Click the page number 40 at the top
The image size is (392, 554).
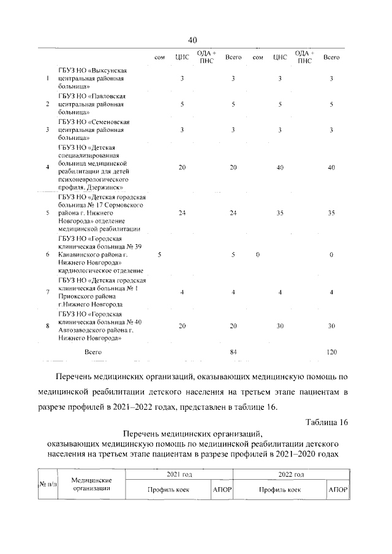click(x=192, y=40)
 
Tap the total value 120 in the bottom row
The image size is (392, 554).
click(x=331, y=352)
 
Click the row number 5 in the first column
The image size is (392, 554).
click(x=48, y=213)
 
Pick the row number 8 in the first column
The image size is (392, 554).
click(x=48, y=325)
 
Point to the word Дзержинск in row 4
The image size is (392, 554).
click(x=109, y=187)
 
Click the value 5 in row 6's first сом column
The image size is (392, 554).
click(x=159, y=254)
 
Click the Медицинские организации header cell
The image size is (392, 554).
click(x=90, y=485)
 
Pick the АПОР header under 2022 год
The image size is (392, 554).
click(x=337, y=491)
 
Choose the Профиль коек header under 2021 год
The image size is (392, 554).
click(x=168, y=491)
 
